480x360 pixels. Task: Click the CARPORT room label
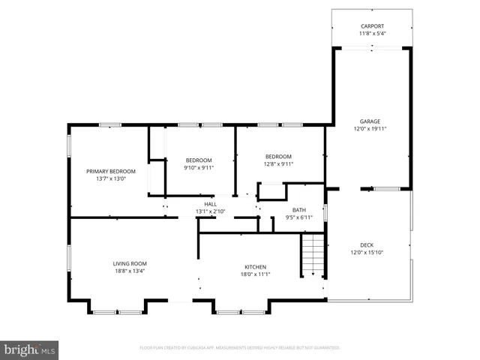coord(371,25)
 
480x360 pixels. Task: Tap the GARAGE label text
coord(370,121)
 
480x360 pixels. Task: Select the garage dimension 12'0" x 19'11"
coord(370,128)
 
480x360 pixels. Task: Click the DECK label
coord(367,244)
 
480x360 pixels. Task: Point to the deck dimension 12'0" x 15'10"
coord(367,252)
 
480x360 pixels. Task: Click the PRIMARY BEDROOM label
coord(111,171)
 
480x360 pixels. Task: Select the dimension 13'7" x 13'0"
coord(111,178)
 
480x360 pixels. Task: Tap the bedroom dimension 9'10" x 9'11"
coord(199,167)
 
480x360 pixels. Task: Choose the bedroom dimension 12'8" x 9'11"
coord(278,163)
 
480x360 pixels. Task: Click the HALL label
coord(211,204)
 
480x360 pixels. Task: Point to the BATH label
coord(298,210)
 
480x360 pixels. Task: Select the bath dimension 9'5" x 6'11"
coord(298,217)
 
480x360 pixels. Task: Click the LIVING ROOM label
coord(130,263)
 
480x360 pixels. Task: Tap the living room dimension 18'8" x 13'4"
coord(130,271)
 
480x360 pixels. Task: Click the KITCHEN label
coord(256,267)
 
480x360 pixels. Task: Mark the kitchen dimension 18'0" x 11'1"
coord(256,274)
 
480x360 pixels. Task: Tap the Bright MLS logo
coord(30,349)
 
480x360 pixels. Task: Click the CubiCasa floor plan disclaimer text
coord(240,348)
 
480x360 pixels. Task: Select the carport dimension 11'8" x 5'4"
coord(371,33)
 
